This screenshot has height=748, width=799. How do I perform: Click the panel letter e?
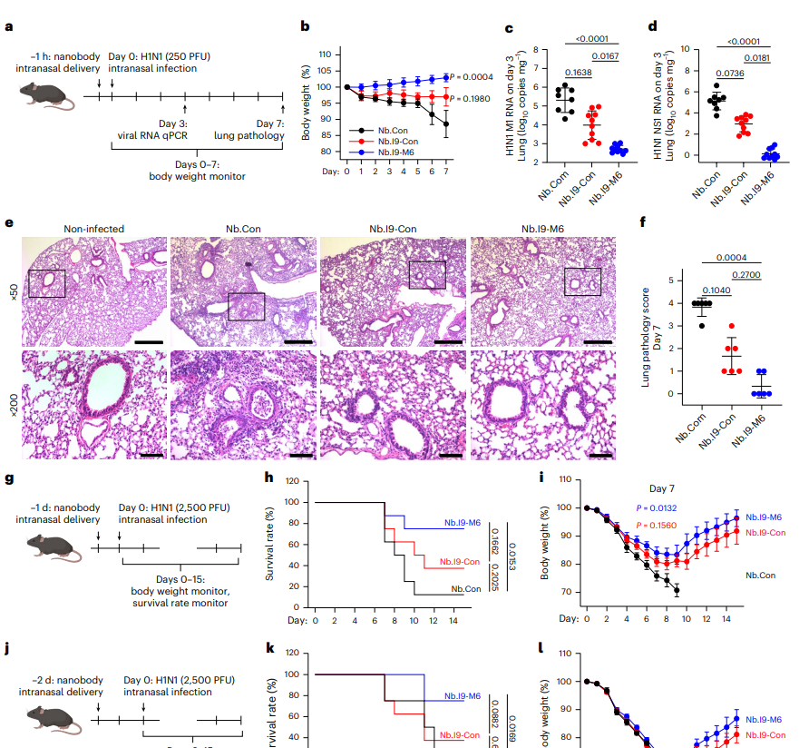tap(9, 222)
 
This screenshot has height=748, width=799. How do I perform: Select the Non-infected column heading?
tap(93, 230)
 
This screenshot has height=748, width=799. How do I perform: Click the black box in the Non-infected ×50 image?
tap(47, 282)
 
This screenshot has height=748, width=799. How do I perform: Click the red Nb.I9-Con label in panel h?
tap(458, 562)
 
